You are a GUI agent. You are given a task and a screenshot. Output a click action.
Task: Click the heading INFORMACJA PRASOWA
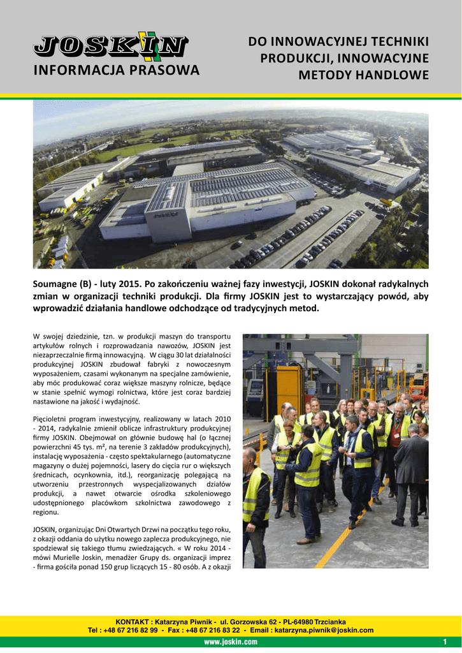tap(116, 70)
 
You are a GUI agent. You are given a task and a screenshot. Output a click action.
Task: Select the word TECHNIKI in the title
tap(398, 42)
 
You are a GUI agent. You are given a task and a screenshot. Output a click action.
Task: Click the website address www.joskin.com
tap(231, 642)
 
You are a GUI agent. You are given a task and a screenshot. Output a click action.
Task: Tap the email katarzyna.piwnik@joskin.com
tap(324, 630)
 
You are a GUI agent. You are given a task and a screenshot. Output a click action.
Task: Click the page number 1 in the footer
tap(444, 642)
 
